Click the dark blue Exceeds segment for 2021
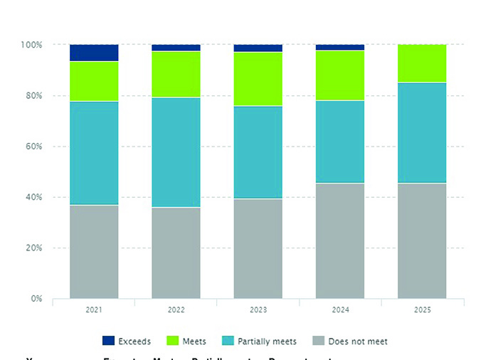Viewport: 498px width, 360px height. point(94,53)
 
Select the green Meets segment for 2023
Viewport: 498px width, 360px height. point(258,79)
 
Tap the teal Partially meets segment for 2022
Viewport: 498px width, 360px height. point(176,152)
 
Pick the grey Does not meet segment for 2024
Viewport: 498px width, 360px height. point(340,240)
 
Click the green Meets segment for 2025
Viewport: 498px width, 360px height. point(422,63)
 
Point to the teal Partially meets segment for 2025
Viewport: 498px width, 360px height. point(422,133)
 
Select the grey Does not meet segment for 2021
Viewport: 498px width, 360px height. point(94,251)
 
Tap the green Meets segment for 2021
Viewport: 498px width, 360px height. point(94,81)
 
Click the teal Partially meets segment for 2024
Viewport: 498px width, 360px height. point(340,142)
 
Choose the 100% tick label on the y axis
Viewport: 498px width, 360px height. point(31,45)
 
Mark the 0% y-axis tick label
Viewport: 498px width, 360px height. point(36,299)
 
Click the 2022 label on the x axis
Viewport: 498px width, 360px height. point(176,311)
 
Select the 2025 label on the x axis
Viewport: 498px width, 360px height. point(422,311)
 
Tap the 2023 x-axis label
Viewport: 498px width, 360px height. point(258,311)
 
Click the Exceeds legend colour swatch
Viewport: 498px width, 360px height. point(109,342)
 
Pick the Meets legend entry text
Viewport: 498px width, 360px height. point(194,342)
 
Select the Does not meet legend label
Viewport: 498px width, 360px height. point(359,342)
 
